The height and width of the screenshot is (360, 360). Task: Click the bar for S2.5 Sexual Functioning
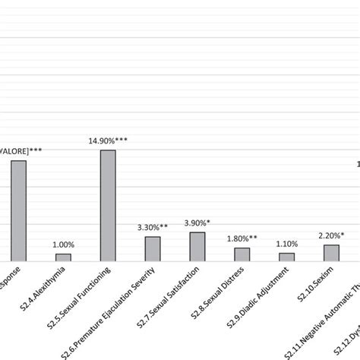pyautogui.click(x=108, y=205)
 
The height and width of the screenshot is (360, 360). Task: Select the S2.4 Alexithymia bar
pyautogui.click(x=63, y=257)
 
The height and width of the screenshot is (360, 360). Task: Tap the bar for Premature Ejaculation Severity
pyautogui.click(x=153, y=248)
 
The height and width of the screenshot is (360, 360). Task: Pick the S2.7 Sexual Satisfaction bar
pyautogui.click(x=197, y=246)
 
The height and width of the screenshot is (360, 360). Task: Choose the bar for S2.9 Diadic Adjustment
pyautogui.click(x=286, y=257)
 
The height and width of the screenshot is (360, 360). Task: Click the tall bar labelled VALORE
pyautogui.click(x=18, y=210)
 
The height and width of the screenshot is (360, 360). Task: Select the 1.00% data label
pyautogui.click(x=63, y=245)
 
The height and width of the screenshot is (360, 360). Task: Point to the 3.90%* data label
pyautogui.click(x=197, y=223)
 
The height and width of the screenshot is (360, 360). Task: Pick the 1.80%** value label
pyautogui.click(x=242, y=238)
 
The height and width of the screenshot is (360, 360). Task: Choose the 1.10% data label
pyautogui.click(x=286, y=244)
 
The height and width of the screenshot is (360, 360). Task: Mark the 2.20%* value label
pyautogui.click(x=332, y=235)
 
